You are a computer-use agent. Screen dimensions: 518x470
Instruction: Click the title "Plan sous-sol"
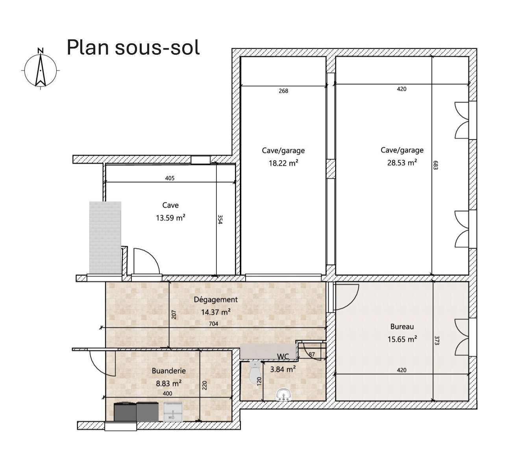click(133, 48)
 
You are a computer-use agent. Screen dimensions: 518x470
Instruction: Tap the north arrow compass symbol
click(41, 69)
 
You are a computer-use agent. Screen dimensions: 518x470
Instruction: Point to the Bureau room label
click(402, 327)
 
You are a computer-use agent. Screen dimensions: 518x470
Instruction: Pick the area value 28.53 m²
click(402, 163)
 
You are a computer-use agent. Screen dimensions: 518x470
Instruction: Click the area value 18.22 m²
click(283, 163)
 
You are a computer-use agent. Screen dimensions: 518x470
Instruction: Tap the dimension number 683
click(435, 165)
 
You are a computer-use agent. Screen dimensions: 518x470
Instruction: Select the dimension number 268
click(283, 91)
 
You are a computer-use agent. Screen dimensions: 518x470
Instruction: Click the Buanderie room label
click(168, 371)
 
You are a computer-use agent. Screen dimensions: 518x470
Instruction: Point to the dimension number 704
click(214, 324)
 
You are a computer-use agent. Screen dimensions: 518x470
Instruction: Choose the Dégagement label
click(216, 300)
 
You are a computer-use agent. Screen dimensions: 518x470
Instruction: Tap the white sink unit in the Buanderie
click(173, 412)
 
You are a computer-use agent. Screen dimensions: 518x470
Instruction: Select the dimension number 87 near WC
click(312, 355)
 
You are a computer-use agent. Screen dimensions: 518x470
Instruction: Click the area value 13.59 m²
click(170, 218)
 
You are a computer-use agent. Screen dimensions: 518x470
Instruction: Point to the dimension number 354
click(220, 219)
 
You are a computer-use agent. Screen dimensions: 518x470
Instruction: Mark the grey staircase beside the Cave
click(105, 237)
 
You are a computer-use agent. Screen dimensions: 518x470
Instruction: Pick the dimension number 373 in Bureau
click(437, 340)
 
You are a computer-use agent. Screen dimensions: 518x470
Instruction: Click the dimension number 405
click(170, 178)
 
